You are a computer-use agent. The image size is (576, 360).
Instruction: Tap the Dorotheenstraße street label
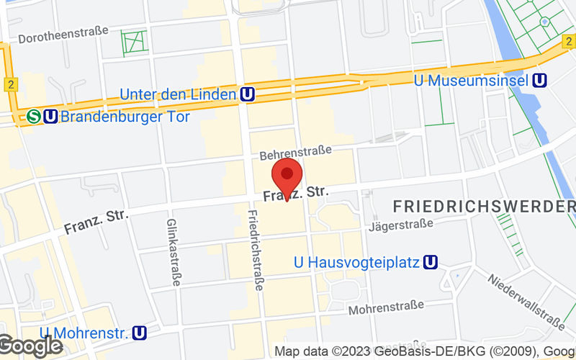(x=63, y=35)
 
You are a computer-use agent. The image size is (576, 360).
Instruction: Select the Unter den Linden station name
(x=178, y=94)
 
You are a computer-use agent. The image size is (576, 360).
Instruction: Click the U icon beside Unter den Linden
(x=248, y=94)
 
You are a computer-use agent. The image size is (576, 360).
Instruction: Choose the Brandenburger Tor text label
(x=126, y=116)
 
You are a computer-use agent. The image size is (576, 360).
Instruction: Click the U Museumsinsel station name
(x=472, y=80)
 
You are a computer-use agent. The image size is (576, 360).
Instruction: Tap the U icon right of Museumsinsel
(x=539, y=80)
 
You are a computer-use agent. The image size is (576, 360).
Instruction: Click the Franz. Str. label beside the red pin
(x=295, y=194)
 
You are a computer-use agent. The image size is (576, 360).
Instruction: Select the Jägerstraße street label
(x=401, y=225)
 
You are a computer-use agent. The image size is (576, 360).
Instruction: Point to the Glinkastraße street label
(x=174, y=252)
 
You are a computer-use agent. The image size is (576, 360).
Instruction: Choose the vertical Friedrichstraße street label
(x=255, y=250)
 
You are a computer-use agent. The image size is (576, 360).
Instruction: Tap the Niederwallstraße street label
(x=525, y=300)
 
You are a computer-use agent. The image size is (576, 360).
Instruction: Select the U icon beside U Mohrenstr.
(x=140, y=333)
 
